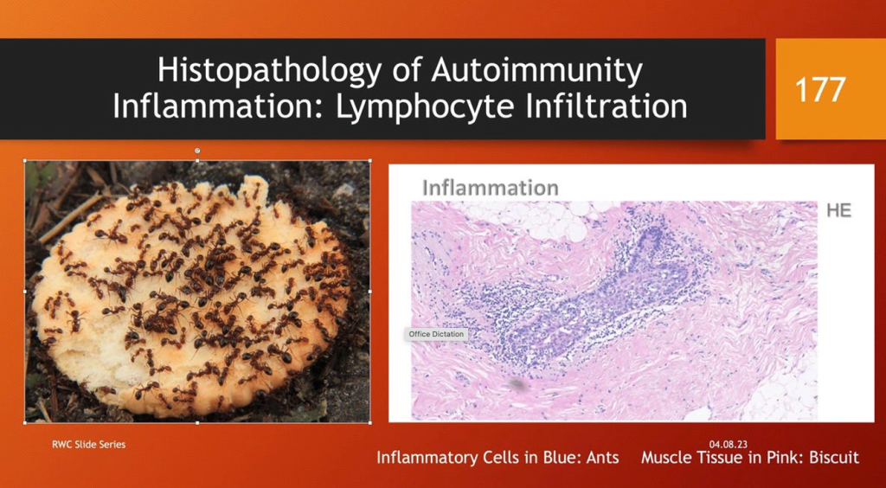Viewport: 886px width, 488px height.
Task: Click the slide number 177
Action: coord(820,89)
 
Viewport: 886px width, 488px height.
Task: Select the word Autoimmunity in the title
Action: coord(537,72)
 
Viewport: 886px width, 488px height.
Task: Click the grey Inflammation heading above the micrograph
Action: coord(491,188)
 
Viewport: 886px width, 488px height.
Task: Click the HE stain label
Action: coord(838,210)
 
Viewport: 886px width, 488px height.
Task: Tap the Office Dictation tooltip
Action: coord(436,334)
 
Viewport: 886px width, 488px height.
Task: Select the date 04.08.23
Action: coord(729,445)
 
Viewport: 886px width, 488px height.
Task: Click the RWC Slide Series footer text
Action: coord(89,445)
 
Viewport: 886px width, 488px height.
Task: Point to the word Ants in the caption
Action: coord(602,457)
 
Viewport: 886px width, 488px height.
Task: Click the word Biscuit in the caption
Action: coord(834,457)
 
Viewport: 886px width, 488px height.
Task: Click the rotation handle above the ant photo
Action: coord(197,151)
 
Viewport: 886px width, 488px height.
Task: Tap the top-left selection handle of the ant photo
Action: coord(25,160)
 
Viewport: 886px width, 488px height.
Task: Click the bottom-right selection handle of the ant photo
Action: coord(369,422)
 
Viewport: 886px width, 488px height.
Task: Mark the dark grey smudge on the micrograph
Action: coord(516,385)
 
